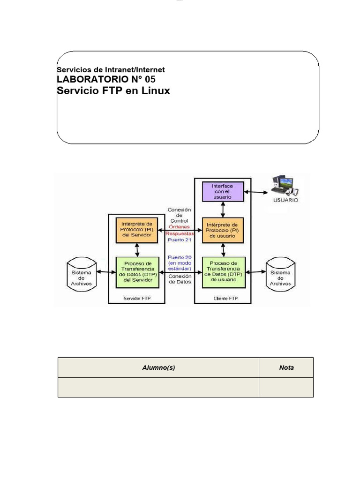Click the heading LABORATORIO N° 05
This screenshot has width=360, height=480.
(105, 79)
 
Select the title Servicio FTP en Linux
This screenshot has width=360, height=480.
(113, 90)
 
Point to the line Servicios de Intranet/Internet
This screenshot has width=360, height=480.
(111, 70)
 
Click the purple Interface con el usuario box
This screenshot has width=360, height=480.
(222, 192)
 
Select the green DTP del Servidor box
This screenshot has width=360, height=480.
(136, 272)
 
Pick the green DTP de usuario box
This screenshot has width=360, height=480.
(222, 272)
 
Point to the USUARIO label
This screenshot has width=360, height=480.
(285, 199)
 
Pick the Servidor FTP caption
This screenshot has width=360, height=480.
(136, 298)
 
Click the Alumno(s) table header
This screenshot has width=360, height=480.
(158, 367)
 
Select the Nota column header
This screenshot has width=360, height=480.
(286, 367)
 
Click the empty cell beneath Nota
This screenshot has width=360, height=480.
(286, 387)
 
